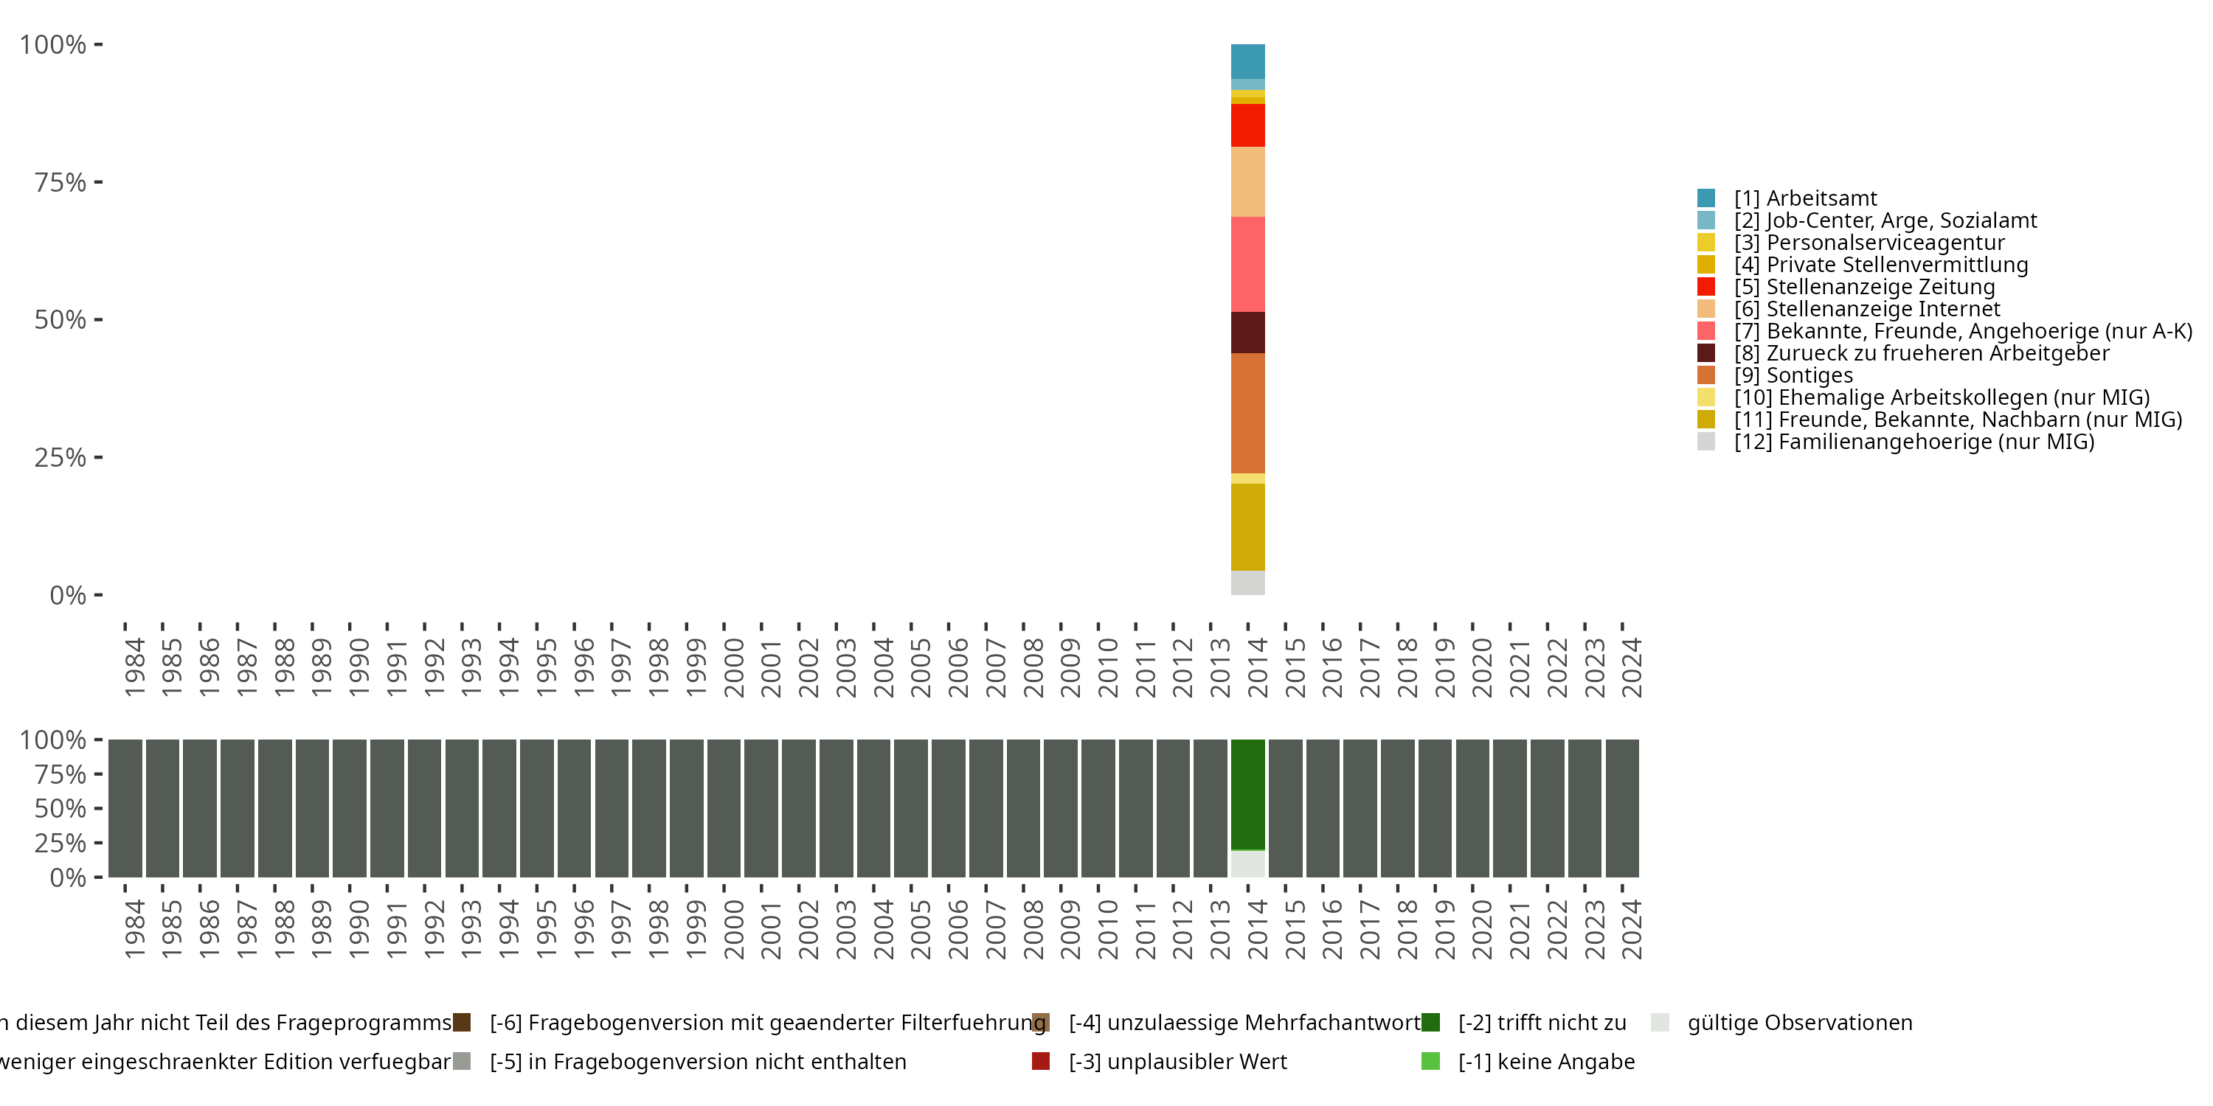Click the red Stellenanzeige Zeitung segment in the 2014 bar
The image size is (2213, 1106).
pyautogui.click(x=1247, y=125)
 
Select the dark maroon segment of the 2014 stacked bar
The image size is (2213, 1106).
pyautogui.click(x=1247, y=333)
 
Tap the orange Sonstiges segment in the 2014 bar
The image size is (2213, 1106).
pyautogui.click(x=1247, y=413)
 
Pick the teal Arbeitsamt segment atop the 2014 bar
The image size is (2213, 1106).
pyautogui.click(x=1247, y=62)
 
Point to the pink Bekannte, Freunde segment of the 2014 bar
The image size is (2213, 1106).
pyautogui.click(x=1247, y=265)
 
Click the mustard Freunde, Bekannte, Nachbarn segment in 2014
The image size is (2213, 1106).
pyautogui.click(x=1247, y=527)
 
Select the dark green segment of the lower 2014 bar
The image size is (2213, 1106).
pyautogui.click(x=1247, y=794)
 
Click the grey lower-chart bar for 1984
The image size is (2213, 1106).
pyautogui.click(x=125, y=808)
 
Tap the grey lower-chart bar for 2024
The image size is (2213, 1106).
pyautogui.click(x=1622, y=808)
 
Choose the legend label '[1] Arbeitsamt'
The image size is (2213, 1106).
pyautogui.click(x=1805, y=198)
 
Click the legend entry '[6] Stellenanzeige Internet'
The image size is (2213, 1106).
pyautogui.click(x=1867, y=309)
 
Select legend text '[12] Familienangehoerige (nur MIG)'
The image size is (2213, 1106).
pyautogui.click(x=1914, y=442)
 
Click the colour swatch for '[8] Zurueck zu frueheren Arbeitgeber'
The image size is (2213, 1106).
pyautogui.click(x=1706, y=353)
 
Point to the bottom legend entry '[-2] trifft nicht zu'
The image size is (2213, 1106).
pyautogui.click(x=1542, y=1023)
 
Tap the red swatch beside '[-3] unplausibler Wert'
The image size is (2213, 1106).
pyautogui.click(x=1040, y=1061)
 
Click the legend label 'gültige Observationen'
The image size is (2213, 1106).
pyautogui.click(x=1800, y=1023)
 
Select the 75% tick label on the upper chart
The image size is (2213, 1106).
pyautogui.click(x=60, y=182)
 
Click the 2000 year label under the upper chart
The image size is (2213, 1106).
pyautogui.click(x=734, y=667)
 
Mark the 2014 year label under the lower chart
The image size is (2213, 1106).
pyautogui.click(x=1258, y=929)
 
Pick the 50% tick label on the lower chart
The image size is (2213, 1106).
pyautogui.click(x=60, y=809)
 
